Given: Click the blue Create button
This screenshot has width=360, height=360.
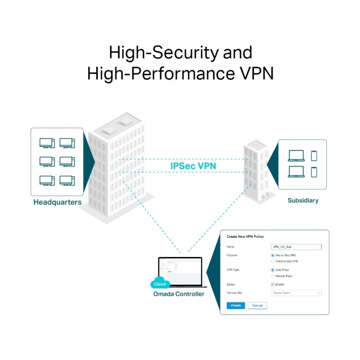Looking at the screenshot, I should [236, 305].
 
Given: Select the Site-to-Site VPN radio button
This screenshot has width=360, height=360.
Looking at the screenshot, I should [273, 255].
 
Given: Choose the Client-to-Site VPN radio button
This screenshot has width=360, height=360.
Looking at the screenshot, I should [273, 261].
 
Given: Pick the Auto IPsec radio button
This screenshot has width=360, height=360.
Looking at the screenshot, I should [273, 270].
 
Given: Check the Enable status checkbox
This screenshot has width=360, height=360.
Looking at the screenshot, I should [273, 284].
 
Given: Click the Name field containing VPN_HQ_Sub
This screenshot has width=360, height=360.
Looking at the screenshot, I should [296, 247].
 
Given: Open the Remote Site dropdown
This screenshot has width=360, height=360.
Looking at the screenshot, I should [296, 293].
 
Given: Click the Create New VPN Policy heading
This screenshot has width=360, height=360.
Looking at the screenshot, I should [245, 237].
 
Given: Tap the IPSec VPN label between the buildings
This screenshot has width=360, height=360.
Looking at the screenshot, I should [193, 166].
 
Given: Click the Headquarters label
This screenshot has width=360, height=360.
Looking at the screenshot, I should [57, 202].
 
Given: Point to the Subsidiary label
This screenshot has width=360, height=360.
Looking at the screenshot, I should [303, 200].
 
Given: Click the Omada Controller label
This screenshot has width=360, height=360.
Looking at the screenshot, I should [178, 294].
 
